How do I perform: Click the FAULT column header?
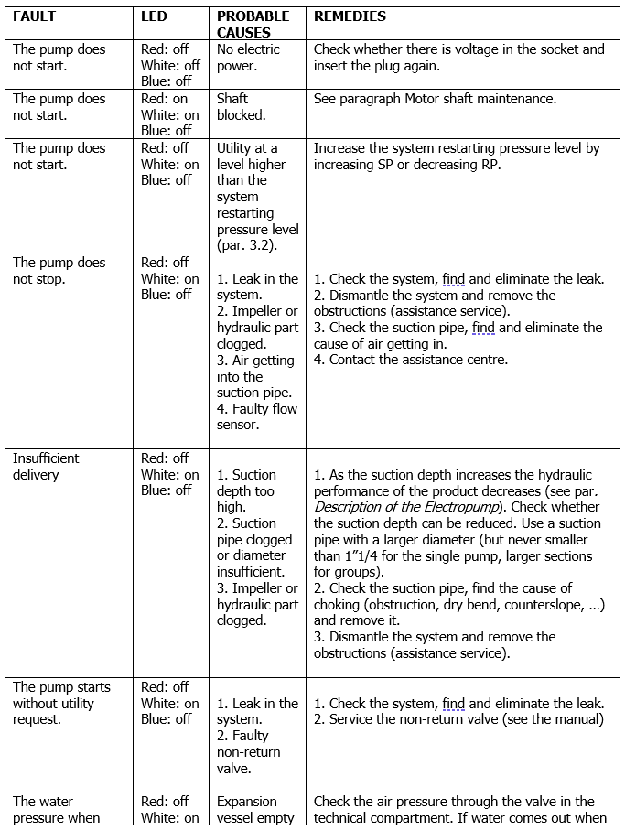click(34, 16)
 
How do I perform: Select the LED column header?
click(154, 16)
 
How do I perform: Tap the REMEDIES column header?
click(350, 16)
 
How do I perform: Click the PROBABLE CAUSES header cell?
click(253, 24)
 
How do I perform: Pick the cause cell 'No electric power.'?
click(248, 58)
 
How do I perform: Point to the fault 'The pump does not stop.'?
click(59, 271)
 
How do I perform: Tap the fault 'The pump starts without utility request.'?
click(60, 703)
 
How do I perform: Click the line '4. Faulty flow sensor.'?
click(257, 417)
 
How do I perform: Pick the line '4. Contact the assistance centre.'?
click(411, 360)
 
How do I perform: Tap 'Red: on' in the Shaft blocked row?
click(165, 99)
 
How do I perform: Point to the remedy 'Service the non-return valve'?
click(458, 719)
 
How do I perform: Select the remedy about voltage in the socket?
click(458, 58)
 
